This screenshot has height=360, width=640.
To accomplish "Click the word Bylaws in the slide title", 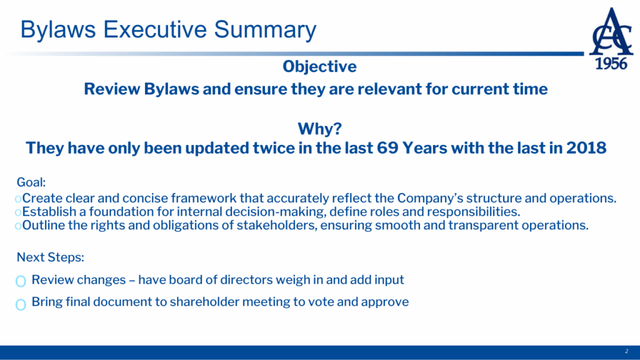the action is point(58,30).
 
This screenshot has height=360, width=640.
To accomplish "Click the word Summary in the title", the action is point(265,30).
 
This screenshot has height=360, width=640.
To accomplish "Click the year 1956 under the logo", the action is point(611,64).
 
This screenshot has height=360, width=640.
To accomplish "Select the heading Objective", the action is point(319,66).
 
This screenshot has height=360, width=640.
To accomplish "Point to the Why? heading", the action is point(319,129).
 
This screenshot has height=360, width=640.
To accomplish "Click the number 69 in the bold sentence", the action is point(387,147).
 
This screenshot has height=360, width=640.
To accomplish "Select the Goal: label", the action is point(31,182).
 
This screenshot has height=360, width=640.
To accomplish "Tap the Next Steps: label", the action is point(50,257).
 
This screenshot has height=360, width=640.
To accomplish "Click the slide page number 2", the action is point(626,351).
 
